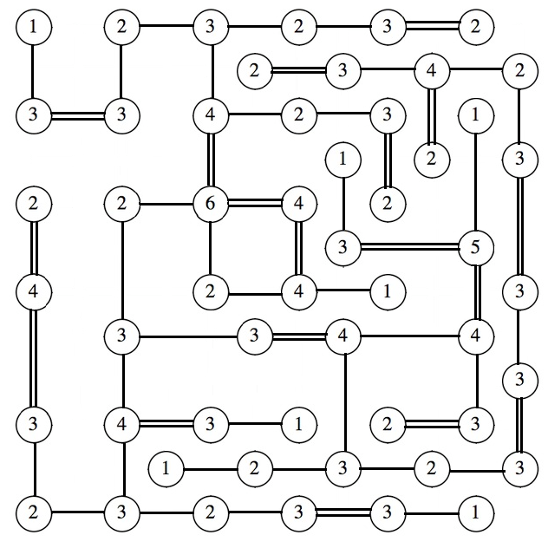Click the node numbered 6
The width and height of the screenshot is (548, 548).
(210, 205)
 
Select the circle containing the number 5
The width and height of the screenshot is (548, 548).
(475, 248)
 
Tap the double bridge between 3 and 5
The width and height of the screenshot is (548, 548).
(409, 248)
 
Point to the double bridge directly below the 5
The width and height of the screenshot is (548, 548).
(475, 290)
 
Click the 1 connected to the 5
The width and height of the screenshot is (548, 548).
(475, 114)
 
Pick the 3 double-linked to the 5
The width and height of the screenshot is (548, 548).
(343, 248)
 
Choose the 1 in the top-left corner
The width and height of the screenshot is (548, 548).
(33, 26)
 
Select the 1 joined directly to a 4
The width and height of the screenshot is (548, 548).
(387, 292)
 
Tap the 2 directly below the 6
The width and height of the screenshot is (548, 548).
(210, 292)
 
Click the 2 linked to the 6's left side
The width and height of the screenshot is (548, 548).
(121, 205)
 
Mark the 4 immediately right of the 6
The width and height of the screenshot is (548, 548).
(298, 205)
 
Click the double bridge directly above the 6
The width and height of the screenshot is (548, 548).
(210, 159)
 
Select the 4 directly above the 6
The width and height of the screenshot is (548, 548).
(210, 114)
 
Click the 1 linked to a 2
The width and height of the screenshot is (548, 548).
(166, 469)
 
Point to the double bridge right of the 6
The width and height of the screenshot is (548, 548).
(254, 205)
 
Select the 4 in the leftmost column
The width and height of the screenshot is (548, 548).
(33, 292)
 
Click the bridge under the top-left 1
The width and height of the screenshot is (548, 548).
(33, 69)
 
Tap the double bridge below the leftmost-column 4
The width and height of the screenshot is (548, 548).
(33, 357)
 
